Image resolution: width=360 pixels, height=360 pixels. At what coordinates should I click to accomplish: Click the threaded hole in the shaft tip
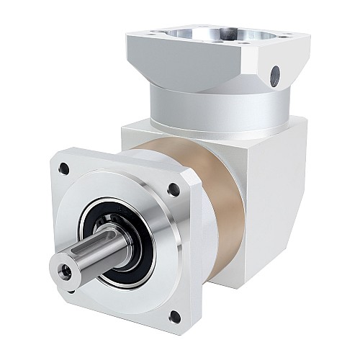tap(66, 271)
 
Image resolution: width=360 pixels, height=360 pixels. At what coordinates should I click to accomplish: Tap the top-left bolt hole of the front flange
tap(64, 169)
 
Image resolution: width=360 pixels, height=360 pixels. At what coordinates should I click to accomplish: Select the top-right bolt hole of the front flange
tap(174, 190)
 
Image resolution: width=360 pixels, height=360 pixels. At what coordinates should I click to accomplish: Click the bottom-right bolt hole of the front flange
tap(175, 316)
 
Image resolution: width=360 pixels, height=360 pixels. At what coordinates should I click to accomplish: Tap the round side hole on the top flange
tap(275, 73)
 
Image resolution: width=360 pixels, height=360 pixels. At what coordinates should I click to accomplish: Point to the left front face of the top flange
tap(180, 65)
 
